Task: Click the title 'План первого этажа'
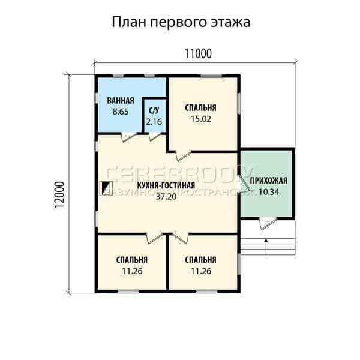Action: click(x=181, y=23)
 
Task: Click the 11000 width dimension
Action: click(x=198, y=54)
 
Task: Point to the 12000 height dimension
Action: click(x=59, y=195)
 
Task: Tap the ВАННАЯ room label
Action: click(x=121, y=101)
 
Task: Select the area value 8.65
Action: click(x=121, y=112)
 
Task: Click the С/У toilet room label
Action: click(x=154, y=110)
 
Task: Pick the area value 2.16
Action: click(x=154, y=122)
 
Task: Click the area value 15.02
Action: click(x=201, y=119)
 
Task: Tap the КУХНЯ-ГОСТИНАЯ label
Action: click(x=166, y=185)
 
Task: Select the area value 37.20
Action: click(x=166, y=197)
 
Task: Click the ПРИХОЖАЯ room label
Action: click(x=268, y=181)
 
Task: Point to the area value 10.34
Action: click(x=269, y=192)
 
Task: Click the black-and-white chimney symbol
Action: click(x=107, y=187)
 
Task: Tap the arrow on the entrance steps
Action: click(x=266, y=247)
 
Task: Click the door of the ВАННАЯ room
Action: click(x=128, y=137)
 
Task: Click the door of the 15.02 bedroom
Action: click(x=183, y=156)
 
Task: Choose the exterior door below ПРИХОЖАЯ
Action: click(x=268, y=223)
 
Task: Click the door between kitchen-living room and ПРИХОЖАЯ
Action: click(x=244, y=183)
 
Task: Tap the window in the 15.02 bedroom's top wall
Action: click(x=211, y=76)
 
